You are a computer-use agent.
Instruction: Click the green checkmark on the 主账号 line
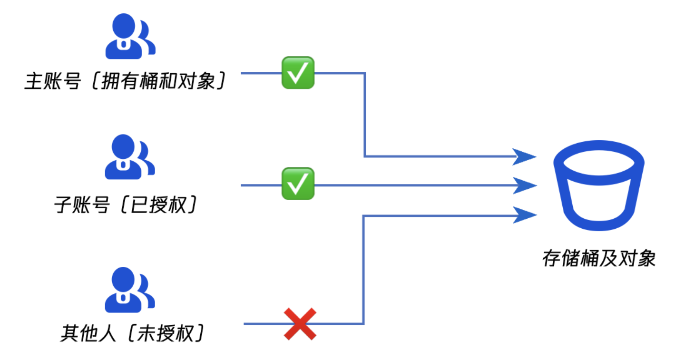[x=298, y=73]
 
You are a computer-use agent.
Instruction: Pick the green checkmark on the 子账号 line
[x=298, y=184]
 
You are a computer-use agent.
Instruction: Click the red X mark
[x=300, y=324]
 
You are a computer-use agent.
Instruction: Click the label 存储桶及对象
[x=599, y=259]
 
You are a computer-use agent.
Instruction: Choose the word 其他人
[x=88, y=333]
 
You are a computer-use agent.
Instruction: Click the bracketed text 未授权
[x=165, y=333]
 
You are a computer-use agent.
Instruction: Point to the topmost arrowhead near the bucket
[x=524, y=156]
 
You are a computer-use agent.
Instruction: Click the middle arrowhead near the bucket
[x=524, y=185]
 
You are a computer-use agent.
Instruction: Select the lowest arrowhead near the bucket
[x=524, y=215]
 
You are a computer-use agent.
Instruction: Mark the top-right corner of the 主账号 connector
[x=364, y=73]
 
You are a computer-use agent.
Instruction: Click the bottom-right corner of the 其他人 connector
[x=363, y=324]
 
